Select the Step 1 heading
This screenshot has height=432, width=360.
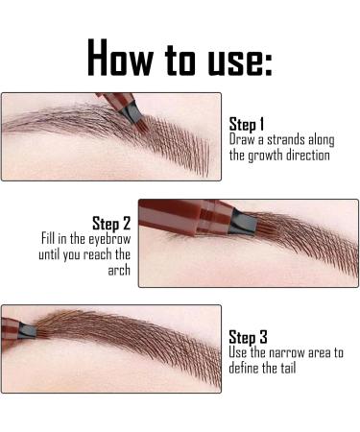[249, 124]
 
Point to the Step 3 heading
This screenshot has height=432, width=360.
[249, 337]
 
